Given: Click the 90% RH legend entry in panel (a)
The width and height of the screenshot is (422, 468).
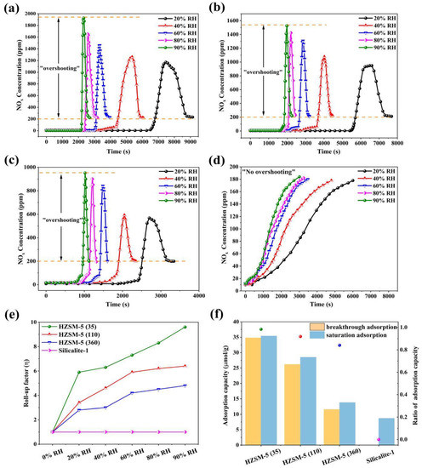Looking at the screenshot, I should [x=183, y=54].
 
